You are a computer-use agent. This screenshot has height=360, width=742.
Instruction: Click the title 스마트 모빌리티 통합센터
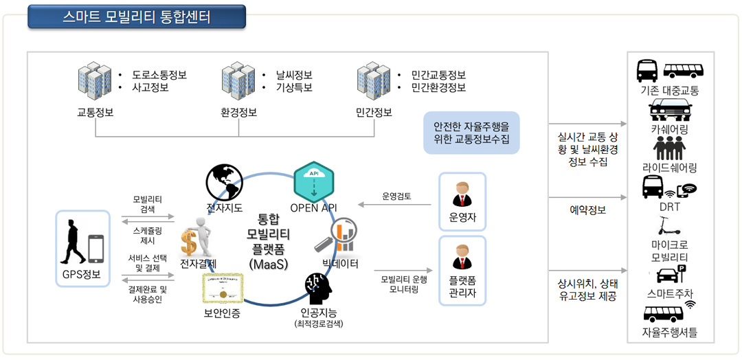point(137,16)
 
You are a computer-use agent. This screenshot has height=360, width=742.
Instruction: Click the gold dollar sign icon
point(190,243)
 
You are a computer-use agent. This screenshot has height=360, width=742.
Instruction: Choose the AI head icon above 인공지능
point(317,289)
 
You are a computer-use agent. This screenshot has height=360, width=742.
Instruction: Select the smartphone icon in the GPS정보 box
point(95,249)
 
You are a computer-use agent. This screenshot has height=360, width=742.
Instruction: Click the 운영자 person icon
point(462,195)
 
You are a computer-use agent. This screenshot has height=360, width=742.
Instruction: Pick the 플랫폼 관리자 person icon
point(462,258)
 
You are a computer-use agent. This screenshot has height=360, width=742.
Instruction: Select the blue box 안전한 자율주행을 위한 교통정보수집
point(471,133)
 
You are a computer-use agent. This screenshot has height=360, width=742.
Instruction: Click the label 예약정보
point(588,210)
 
